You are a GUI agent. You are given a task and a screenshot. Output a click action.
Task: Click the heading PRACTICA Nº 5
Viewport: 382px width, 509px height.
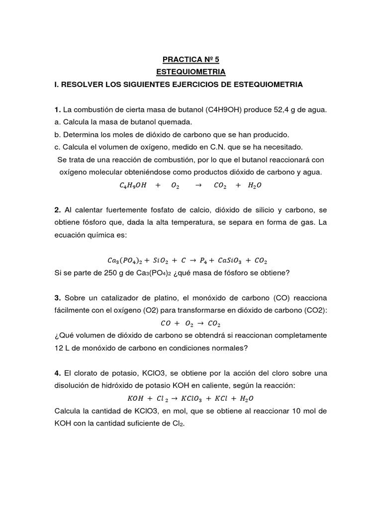(191, 60)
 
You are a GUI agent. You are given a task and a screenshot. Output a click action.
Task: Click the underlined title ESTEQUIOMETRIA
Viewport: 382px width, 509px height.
(191, 72)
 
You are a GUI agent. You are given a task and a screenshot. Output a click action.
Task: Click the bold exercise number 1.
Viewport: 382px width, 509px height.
(57, 109)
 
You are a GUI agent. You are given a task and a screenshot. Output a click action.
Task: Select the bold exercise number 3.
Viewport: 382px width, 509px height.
(57, 297)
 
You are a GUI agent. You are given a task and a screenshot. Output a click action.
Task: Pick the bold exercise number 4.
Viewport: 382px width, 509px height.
(57, 373)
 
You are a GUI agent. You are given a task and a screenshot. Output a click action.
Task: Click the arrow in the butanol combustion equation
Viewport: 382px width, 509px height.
(197, 185)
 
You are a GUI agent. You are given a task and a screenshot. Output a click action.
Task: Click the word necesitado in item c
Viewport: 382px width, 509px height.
(281, 147)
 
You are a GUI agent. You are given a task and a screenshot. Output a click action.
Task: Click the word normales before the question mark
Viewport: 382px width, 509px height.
(228, 348)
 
